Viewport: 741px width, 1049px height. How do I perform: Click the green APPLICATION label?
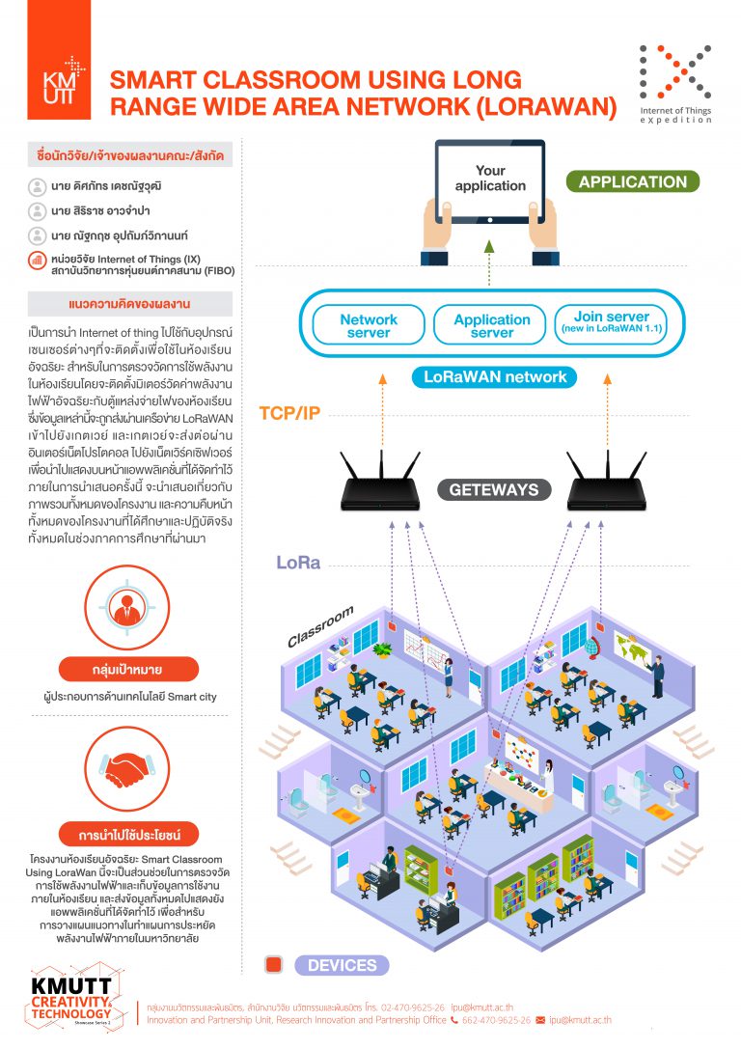coord(632,181)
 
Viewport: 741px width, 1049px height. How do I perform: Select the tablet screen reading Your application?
coord(490,180)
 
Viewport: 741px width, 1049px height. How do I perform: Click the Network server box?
coord(369,326)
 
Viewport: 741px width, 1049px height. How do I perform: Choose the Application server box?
coord(492,326)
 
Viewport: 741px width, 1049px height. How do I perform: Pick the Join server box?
coord(612,323)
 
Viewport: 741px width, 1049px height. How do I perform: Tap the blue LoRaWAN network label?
coord(496,377)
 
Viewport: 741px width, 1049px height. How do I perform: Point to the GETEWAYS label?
coord(493,489)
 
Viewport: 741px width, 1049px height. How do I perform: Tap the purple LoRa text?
coord(299,563)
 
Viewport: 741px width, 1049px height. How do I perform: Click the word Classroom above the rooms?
coord(320,627)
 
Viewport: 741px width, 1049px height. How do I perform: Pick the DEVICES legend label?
coord(342,965)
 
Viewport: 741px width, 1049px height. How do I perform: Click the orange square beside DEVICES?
coord(274,965)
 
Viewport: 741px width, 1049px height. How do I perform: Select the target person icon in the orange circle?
coord(127,608)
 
